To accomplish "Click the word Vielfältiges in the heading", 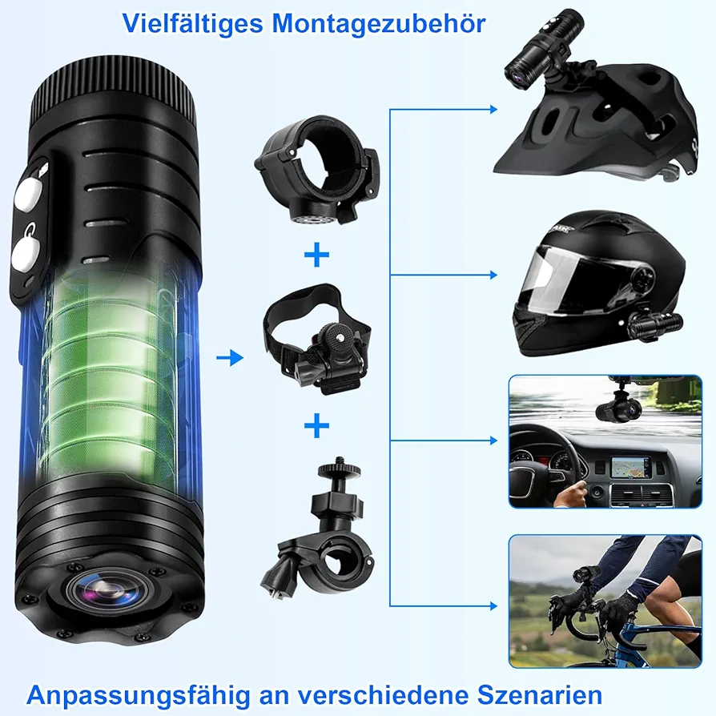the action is (192, 24).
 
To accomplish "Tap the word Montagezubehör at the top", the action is (379, 23).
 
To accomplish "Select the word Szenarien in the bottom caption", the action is (540, 695).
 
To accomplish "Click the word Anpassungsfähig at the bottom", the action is (139, 696).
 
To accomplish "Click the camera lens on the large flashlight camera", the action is (108, 591).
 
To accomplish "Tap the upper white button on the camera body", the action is (28, 194).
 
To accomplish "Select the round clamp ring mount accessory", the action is (317, 169).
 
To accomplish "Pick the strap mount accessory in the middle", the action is (317, 338).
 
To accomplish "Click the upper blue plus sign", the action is (316, 255).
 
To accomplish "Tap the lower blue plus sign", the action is (316, 425).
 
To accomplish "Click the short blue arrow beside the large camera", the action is (230, 357).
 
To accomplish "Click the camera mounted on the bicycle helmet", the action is (543, 45).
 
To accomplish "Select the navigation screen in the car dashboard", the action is (630, 467).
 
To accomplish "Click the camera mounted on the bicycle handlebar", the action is (583, 577).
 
